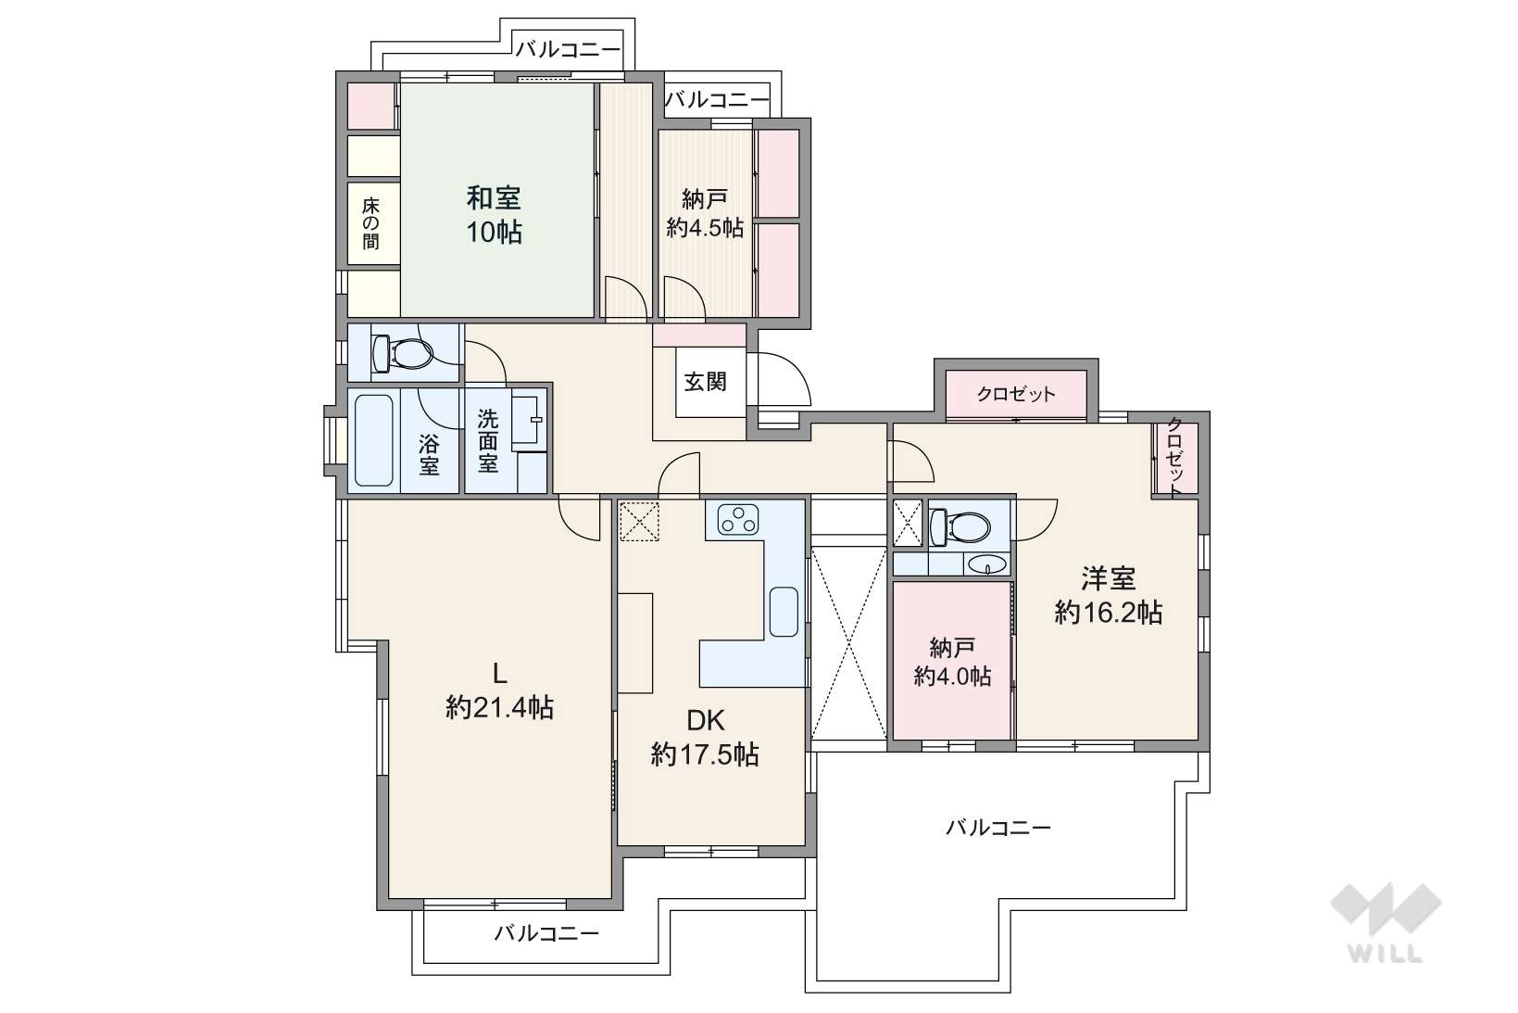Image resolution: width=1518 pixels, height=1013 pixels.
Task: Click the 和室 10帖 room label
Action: pos(494,215)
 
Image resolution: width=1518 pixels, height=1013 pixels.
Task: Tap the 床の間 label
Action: pos(370,223)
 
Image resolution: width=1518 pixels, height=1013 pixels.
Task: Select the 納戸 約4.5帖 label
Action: pos(705,213)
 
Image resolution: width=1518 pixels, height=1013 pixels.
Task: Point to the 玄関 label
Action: pos(705,382)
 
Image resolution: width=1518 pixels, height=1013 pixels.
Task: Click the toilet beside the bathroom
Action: pos(402,353)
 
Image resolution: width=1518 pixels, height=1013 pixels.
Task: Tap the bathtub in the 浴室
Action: pos(373,441)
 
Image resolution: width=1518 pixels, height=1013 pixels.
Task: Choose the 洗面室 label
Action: pos(488,441)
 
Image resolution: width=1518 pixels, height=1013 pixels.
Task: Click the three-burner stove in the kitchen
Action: pos(738,519)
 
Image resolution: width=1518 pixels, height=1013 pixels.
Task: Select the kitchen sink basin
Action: pos(784,612)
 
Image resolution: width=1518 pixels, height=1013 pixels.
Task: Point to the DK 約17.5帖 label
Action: pos(705,738)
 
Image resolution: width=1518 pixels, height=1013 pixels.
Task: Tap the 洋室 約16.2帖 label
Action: pos(1108,595)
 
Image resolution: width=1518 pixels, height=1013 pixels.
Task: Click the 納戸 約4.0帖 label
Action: pos(952,662)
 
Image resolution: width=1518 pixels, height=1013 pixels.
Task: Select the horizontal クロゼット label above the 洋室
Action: pos(1016,394)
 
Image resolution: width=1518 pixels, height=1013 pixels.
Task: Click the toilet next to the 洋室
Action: pos(960,526)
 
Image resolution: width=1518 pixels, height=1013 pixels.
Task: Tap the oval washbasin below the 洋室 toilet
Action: pos(987,564)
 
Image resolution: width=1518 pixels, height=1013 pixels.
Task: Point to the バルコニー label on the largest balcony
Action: pos(998,828)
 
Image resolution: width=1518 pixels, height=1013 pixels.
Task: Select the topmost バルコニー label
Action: pos(568,49)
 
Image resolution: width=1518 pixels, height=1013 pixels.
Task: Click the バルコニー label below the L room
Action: pos(546,933)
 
